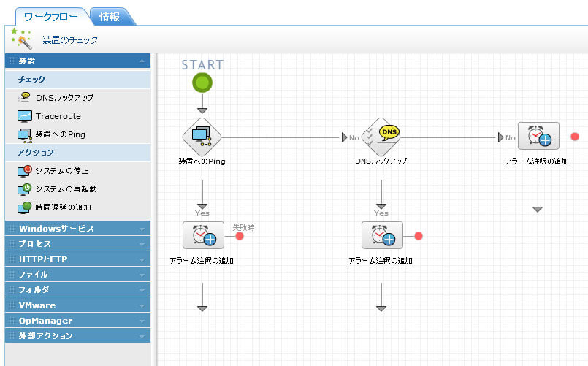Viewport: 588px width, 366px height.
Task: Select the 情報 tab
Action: (110, 16)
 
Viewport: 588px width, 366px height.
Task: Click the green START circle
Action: (202, 83)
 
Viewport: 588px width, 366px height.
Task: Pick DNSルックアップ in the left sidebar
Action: (64, 97)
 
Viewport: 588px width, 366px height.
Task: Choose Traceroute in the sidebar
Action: (58, 115)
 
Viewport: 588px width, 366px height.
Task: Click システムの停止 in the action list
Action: (61, 170)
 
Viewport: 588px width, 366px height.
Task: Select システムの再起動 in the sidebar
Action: (66, 188)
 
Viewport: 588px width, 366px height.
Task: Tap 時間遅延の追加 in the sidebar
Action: (63, 207)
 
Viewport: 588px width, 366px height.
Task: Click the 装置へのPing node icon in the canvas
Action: (202, 135)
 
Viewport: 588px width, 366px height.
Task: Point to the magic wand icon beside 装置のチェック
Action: (21, 39)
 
